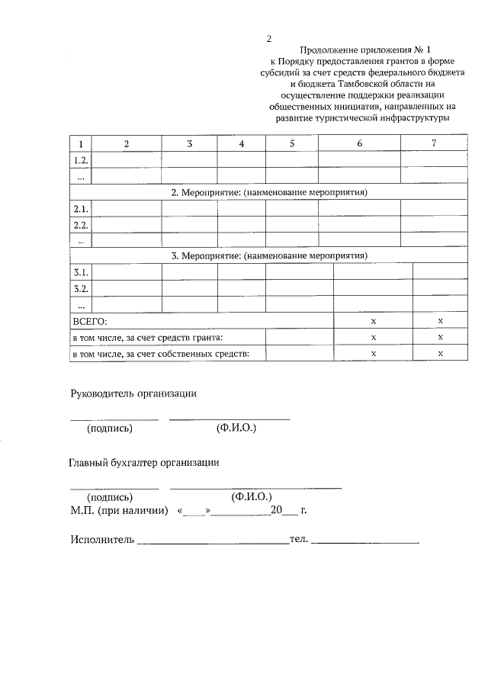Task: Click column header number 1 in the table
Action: click(x=80, y=143)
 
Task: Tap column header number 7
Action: click(x=434, y=143)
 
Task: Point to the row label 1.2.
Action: click(x=80, y=159)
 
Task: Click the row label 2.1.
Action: click(x=80, y=208)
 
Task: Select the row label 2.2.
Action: click(x=80, y=225)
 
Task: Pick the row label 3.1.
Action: click(x=80, y=272)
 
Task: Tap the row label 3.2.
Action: click(x=80, y=289)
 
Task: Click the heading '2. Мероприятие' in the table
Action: click(x=269, y=192)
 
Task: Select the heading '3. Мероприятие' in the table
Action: click(x=269, y=256)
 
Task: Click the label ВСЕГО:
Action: click(x=90, y=322)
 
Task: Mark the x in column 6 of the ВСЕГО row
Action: click(x=374, y=322)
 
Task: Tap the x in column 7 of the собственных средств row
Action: click(x=441, y=354)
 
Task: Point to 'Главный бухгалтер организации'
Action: click(x=145, y=462)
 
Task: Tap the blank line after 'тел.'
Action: click(x=366, y=541)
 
